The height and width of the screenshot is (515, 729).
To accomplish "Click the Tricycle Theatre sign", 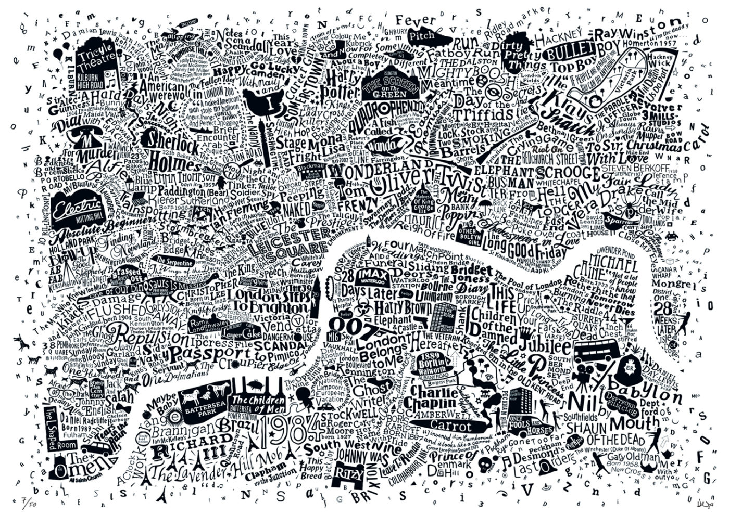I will click(x=95, y=59).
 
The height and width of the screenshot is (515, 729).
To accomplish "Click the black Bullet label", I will click(x=569, y=52).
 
